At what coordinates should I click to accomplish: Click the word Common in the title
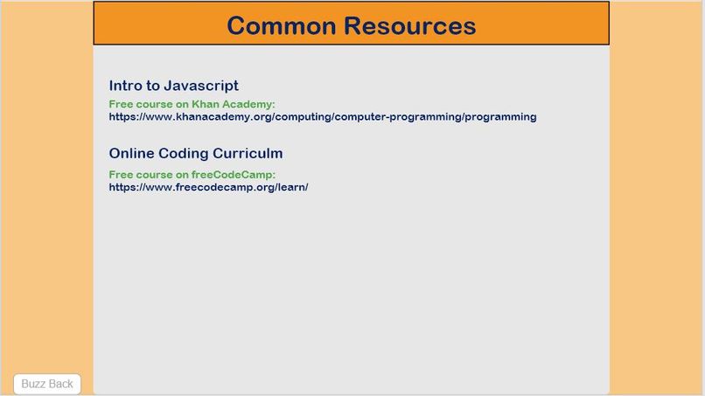(281, 25)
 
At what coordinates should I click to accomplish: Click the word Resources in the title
(410, 25)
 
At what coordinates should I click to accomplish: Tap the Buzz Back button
(47, 384)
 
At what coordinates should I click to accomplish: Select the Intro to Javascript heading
(173, 86)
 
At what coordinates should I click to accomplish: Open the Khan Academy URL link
(323, 116)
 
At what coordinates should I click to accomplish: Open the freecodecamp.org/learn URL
(208, 187)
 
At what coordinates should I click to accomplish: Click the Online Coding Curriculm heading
(195, 154)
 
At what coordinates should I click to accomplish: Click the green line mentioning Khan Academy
(192, 104)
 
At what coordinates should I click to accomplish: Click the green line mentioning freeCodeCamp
(192, 175)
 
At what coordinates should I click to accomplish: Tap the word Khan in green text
(205, 104)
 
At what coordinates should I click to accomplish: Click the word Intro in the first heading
(125, 86)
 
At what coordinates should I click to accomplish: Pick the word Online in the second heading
(131, 154)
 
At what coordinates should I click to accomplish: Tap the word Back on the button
(60, 384)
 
